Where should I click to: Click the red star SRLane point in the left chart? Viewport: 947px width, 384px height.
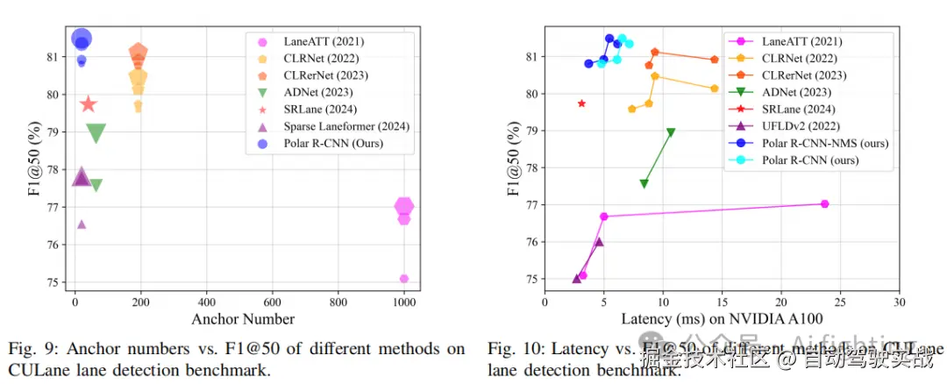pos(88,104)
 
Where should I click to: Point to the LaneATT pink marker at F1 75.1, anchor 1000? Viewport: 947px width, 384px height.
pos(403,279)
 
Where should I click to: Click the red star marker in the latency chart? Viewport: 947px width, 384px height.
pos(581,103)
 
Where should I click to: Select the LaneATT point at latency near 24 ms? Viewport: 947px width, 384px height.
pos(824,203)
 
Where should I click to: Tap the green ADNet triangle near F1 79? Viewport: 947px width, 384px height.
pos(96,132)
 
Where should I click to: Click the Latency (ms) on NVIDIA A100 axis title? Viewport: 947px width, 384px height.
pos(722,320)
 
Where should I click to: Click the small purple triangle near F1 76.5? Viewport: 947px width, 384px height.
pos(82,224)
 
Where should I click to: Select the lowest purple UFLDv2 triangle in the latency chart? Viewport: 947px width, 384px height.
pos(577,279)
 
